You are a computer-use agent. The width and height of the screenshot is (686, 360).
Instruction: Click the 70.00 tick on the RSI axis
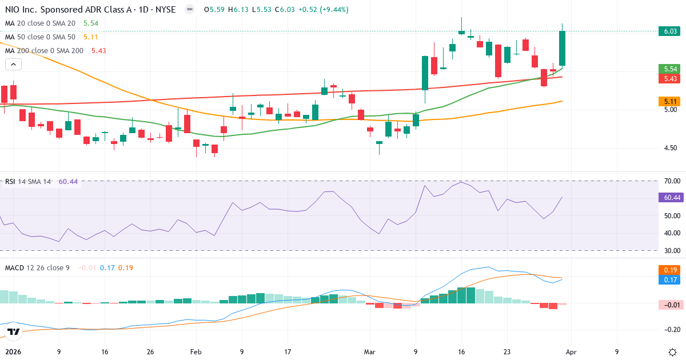pyautogui.click(x=671, y=181)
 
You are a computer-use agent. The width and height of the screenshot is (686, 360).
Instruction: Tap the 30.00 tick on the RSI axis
pyautogui.click(x=671, y=251)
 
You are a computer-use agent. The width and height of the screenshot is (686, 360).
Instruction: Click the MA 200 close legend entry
pyautogui.click(x=45, y=51)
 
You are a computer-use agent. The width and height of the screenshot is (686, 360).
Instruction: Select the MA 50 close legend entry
pyautogui.click(x=40, y=37)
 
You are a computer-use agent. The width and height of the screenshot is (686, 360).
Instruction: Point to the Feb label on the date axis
pyautogui.click(x=196, y=352)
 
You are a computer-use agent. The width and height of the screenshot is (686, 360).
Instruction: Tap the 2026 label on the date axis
pyautogui.click(x=13, y=352)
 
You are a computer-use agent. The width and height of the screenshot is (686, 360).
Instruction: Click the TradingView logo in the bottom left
pyautogui.click(x=14, y=332)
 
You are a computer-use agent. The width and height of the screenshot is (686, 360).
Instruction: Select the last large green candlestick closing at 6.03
pyautogui.click(x=563, y=49)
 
